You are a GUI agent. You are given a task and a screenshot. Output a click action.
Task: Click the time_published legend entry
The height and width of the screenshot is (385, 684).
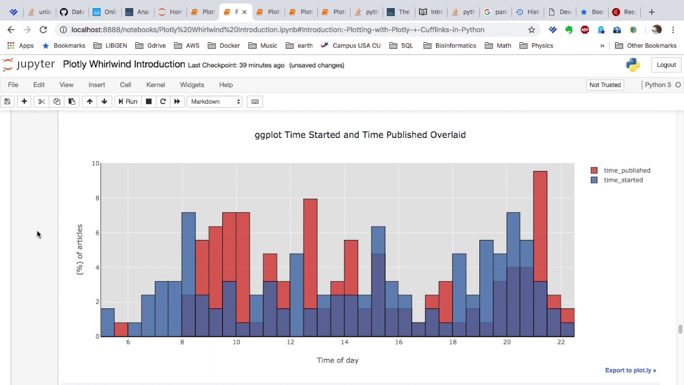tap(626, 170)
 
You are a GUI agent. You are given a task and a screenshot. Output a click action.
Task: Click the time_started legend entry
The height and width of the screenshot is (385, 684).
tap(623, 180)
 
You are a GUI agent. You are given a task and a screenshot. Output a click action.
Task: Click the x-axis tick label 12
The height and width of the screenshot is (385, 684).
tap(290, 342)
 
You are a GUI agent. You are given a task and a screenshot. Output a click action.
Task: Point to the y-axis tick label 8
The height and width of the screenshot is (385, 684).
tap(97, 198)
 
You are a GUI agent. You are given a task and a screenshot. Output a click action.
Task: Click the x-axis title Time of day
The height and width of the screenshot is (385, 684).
tap(337, 360)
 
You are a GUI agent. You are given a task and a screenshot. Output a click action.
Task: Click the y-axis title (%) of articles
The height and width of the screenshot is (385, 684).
tap(80, 250)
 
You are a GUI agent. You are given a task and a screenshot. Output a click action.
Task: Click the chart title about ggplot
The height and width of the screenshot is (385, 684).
tap(360, 135)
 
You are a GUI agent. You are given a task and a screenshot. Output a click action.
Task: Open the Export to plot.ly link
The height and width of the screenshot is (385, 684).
tap(630, 370)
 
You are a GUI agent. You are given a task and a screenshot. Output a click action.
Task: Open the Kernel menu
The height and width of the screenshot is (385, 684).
tap(156, 84)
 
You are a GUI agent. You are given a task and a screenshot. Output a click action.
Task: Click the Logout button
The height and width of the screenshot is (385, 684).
tap(666, 65)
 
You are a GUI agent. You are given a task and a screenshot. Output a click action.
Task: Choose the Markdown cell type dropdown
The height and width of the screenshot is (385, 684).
tap(215, 102)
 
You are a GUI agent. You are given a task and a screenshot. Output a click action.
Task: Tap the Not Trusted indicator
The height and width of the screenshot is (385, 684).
tap(605, 84)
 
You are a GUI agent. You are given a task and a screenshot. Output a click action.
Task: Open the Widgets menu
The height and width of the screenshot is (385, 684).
tap(192, 84)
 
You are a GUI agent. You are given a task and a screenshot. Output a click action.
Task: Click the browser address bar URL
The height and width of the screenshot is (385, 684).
tap(278, 29)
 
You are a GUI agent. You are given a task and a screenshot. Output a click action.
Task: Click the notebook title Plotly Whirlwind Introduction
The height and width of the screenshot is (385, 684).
tap(123, 65)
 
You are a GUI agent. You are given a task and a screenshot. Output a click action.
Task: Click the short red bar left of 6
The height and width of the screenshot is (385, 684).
tap(121, 329)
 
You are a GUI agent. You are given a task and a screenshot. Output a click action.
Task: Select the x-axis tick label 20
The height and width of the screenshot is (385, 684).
tap(507, 342)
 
